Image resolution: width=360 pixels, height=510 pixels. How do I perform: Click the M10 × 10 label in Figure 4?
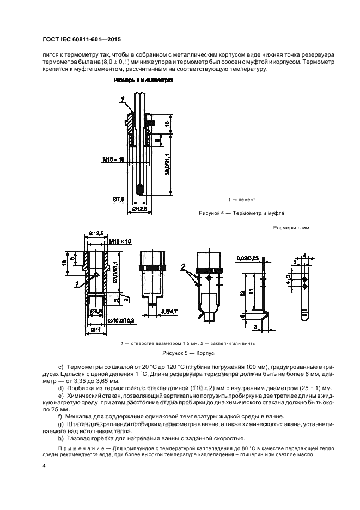[113, 159]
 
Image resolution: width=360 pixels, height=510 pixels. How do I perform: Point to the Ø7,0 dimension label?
[119, 199]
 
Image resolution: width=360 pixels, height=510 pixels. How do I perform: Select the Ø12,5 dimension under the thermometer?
[141, 208]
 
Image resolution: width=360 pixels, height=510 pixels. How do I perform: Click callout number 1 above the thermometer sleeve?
[123, 98]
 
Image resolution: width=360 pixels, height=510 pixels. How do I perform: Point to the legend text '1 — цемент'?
[240, 199]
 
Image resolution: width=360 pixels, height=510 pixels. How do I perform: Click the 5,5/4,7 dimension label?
[168, 311]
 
